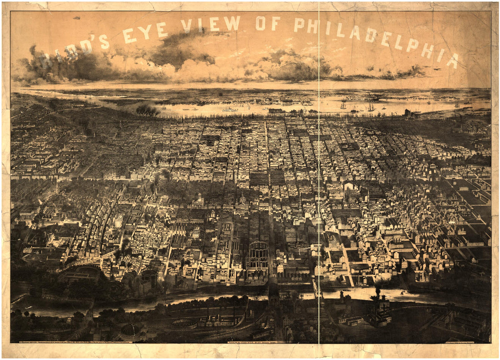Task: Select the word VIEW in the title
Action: [211, 24]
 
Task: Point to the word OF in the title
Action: [268, 23]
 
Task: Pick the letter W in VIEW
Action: [232, 23]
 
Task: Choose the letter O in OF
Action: [261, 23]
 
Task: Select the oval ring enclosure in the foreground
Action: [184, 324]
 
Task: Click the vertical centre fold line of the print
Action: [319, 182]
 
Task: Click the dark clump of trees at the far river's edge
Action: [148, 110]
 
